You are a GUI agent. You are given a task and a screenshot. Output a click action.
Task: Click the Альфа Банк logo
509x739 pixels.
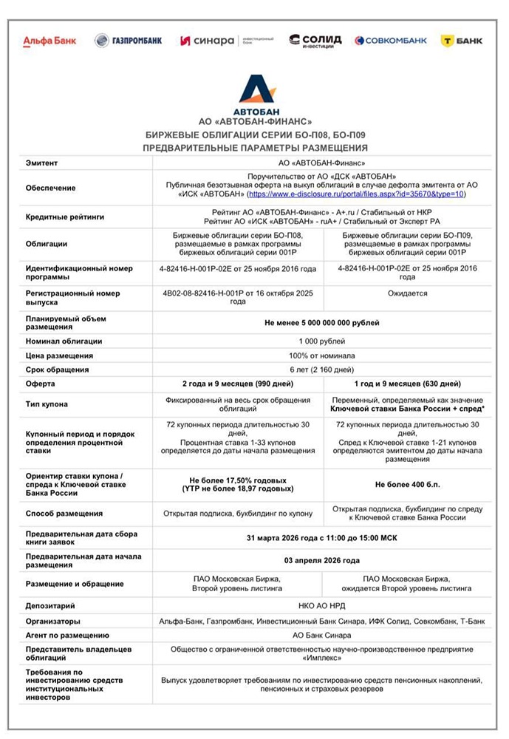(x=49, y=41)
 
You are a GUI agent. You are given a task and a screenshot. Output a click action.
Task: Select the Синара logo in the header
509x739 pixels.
(x=215, y=41)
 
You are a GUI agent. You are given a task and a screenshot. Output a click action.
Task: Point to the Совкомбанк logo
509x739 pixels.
(x=390, y=41)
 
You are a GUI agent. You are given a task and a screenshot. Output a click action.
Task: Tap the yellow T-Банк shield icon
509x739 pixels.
(x=446, y=41)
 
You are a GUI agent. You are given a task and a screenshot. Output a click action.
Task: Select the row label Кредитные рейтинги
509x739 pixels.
(x=64, y=217)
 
